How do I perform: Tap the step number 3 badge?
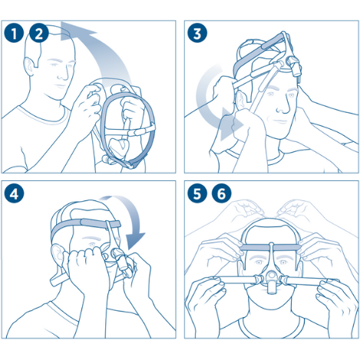tap(199, 32)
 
